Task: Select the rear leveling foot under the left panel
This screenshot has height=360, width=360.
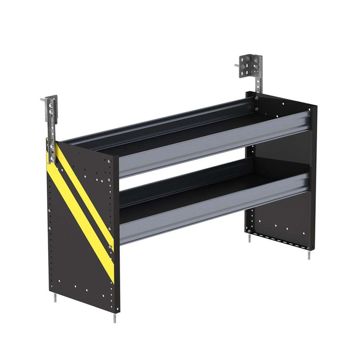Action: (x=54, y=299)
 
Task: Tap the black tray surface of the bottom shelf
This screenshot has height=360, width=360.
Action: (x=180, y=189)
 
